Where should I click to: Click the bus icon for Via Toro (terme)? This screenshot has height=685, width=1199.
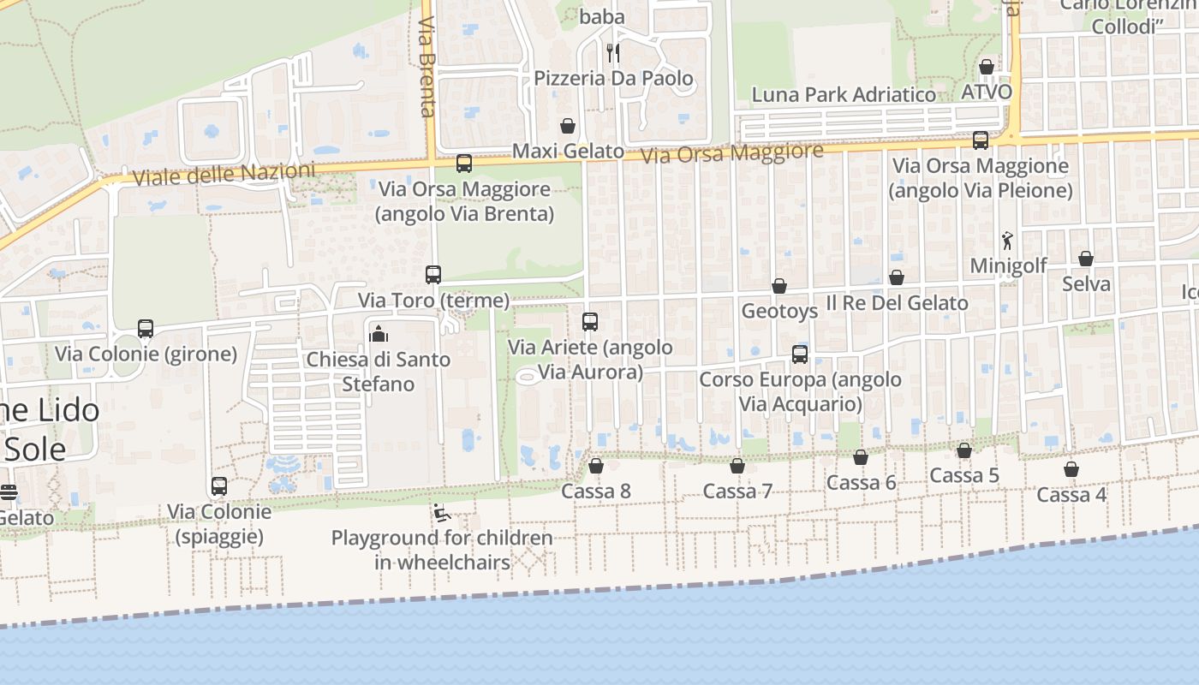(433, 275)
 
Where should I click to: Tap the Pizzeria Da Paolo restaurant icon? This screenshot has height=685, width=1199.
(612, 53)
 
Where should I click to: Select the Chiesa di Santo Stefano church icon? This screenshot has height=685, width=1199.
(378, 334)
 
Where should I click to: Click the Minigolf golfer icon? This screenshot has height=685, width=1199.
(1007, 241)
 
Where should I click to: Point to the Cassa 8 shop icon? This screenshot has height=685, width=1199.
(596, 466)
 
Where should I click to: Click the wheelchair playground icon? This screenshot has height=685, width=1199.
(442, 513)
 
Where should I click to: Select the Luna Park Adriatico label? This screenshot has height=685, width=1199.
(844, 94)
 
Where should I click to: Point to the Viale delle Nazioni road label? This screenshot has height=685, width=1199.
(224, 174)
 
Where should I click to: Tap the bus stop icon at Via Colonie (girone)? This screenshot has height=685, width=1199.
(146, 329)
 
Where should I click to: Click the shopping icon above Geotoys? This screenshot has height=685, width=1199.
(779, 286)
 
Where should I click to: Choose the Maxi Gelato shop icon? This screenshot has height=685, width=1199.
(567, 126)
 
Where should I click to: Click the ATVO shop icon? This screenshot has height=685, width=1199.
(987, 67)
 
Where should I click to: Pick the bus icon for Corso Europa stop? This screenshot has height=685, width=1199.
(800, 354)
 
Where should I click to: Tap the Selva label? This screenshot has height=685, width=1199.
(1086, 283)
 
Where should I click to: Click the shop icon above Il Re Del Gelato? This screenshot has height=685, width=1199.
(897, 277)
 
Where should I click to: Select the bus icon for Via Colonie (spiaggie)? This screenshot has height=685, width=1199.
(219, 486)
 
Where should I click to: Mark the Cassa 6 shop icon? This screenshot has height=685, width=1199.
(861, 457)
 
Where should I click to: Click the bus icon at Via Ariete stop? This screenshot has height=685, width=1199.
(590, 322)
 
